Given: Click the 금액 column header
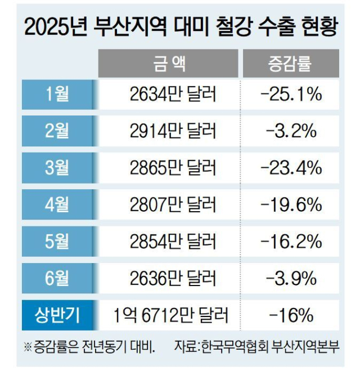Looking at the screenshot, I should click(x=169, y=63).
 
